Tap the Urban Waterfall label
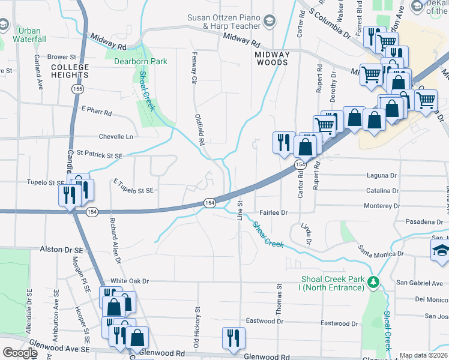click(x=29, y=35)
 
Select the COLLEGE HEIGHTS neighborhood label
click(x=70, y=71)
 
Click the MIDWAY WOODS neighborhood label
click(x=272, y=58)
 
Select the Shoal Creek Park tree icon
click(x=373, y=281)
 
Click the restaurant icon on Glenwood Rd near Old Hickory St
click(x=232, y=337)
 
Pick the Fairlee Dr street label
click(x=274, y=212)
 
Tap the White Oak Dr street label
click(x=129, y=281)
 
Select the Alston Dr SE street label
click(x=61, y=248)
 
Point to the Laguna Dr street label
click(x=382, y=176)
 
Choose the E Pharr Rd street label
click(x=96, y=112)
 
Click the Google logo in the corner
click(x=20, y=353)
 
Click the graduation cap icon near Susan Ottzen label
click(x=270, y=22)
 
